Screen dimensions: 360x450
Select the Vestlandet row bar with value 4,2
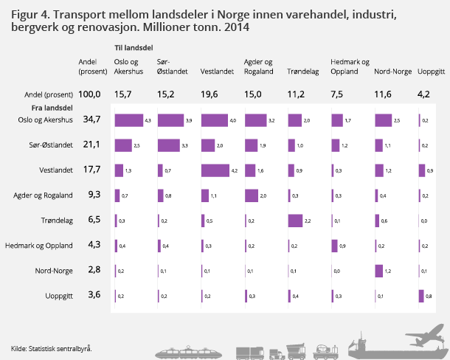215,170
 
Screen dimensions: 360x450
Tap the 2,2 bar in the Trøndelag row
296,221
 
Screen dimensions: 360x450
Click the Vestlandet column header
218,72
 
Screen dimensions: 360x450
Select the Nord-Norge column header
392,72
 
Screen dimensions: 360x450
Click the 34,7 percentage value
92,120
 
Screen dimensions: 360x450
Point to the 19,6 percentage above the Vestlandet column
210,94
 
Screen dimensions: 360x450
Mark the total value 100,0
90,94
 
